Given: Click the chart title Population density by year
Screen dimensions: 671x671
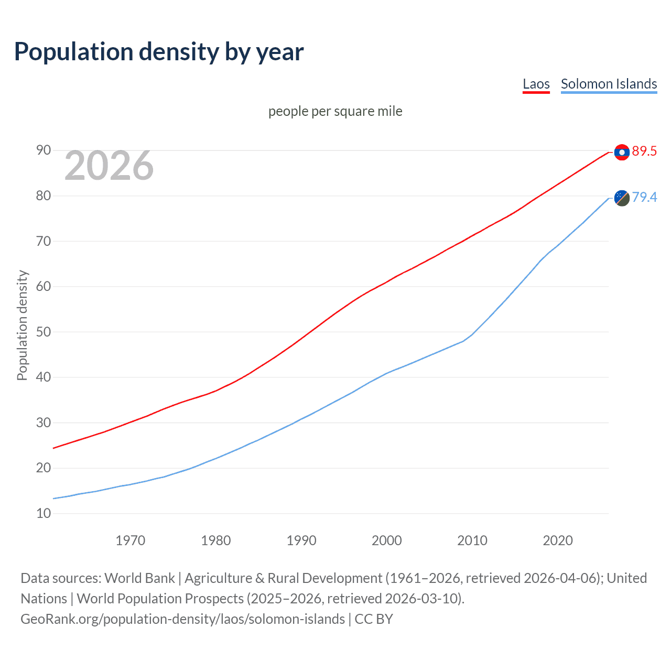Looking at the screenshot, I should point(159,52).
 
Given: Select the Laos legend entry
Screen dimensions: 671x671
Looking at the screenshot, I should point(536,84).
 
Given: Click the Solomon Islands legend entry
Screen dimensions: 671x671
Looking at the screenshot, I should point(609,84).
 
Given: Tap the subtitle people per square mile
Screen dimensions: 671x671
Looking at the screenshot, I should point(335,111).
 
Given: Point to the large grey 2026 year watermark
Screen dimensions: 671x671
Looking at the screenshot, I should point(109,166).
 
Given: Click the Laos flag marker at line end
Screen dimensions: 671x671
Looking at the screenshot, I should point(622,152).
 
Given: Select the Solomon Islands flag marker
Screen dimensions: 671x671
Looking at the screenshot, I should point(622,198).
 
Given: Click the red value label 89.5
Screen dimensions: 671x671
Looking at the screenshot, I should point(644,151).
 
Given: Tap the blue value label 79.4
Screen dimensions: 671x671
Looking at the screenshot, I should point(644,197).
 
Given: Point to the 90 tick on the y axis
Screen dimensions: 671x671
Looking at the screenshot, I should point(44,150).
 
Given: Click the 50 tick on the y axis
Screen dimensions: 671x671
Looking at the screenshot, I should point(44,332).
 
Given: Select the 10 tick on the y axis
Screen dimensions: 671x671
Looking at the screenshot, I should point(44,513).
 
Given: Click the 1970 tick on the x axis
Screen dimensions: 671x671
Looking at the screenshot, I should point(131,540).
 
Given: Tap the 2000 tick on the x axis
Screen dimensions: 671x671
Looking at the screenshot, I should point(387,540).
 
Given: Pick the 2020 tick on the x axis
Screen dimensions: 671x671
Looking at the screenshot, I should point(558,540).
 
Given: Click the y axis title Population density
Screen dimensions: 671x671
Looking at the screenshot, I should point(22,325).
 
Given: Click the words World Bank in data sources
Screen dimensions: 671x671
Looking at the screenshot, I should point(139,578).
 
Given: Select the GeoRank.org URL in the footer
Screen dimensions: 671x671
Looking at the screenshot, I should point(182,619).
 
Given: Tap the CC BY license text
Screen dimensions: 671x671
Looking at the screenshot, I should point(374,619).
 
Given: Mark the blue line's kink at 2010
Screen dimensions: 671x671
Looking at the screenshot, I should point(472,335).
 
